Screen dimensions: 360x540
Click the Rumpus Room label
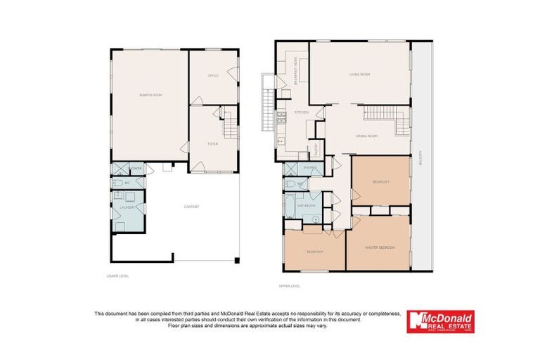150,94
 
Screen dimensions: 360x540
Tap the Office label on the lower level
213,75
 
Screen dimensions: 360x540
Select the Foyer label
212,143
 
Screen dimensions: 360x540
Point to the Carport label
192,207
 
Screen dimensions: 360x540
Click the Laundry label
129,208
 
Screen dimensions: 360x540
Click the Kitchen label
302,112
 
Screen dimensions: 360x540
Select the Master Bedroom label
380,247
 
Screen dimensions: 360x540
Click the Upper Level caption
290,286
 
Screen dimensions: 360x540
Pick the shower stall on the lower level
120,169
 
